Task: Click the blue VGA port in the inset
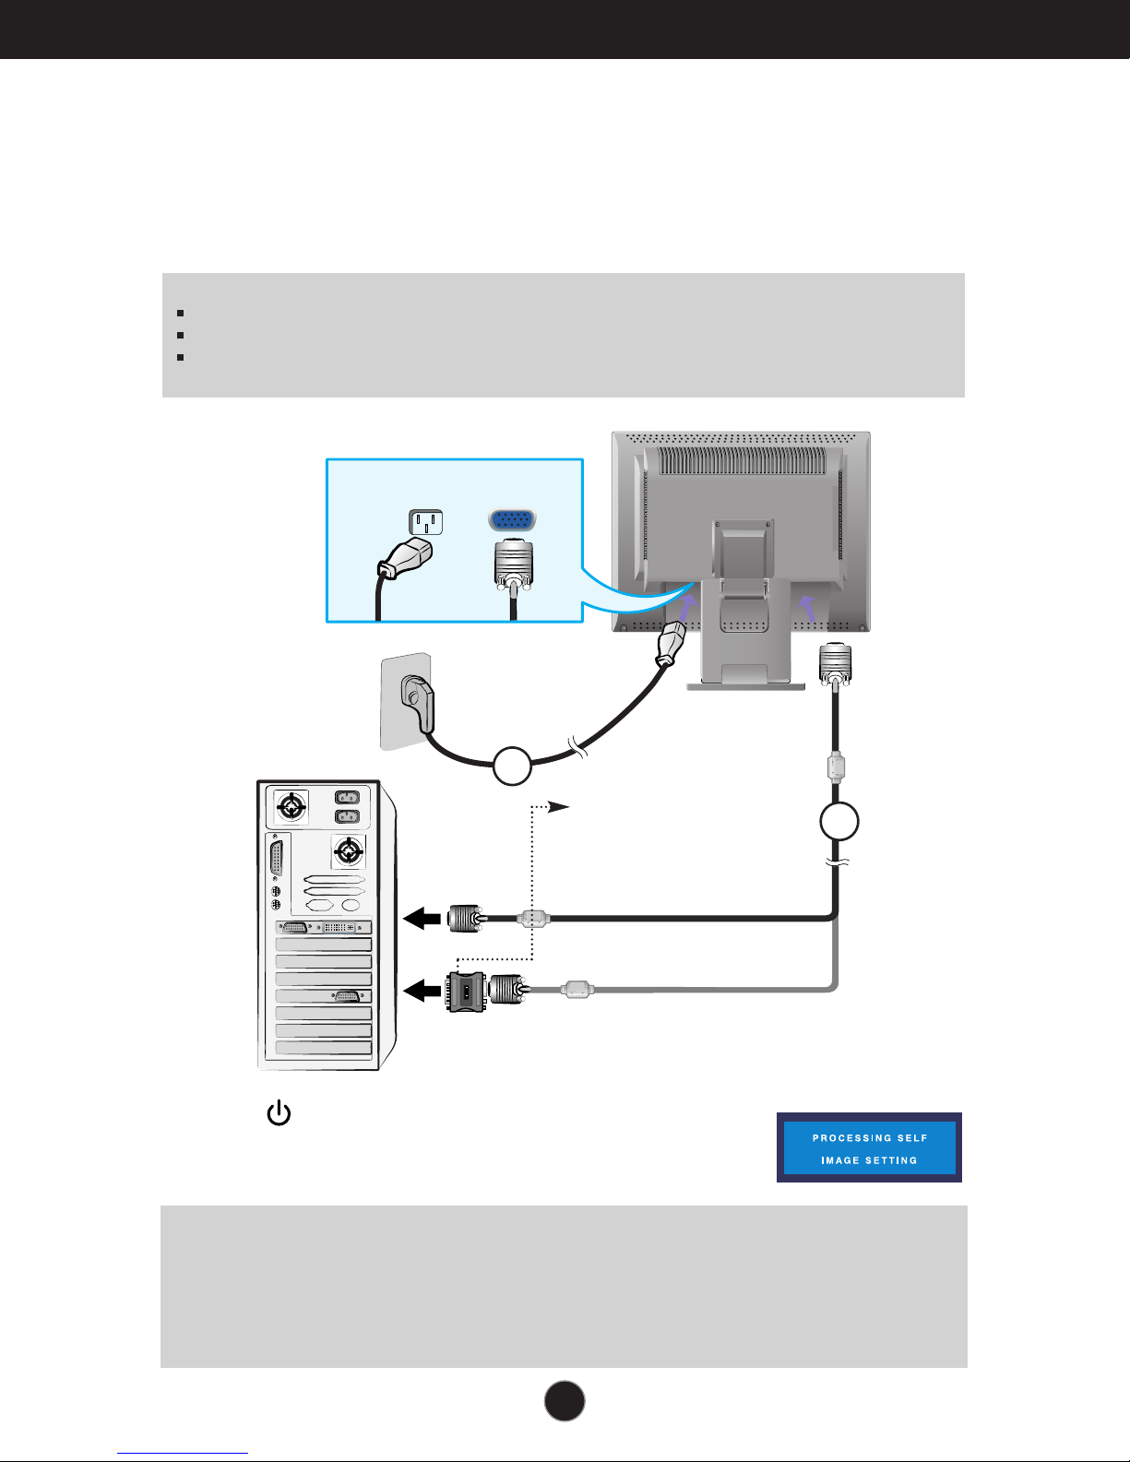coord(513,521)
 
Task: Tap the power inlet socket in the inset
coord(426,523)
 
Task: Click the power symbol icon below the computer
coord(279,1114)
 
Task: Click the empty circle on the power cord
coord(512,767)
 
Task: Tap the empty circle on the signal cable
coord(839,821)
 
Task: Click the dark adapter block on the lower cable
coord(466,992)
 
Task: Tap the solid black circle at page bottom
coord(565,1400)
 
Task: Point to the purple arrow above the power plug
coord(686,608)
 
